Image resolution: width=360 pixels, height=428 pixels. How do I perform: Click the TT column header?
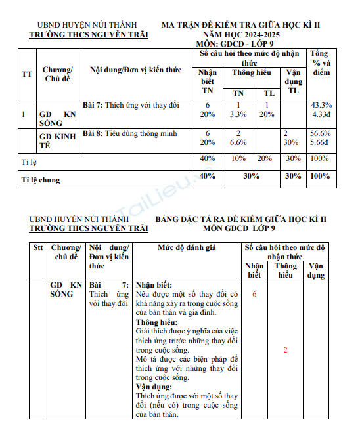coord(26,74)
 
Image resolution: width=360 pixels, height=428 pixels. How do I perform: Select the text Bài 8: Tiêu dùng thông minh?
coord(129,133)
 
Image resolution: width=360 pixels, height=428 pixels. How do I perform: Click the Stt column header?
coord(37,247)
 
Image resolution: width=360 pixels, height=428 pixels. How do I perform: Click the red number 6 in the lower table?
coord(254,295)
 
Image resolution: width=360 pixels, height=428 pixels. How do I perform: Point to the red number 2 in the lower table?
coord(285,350)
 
